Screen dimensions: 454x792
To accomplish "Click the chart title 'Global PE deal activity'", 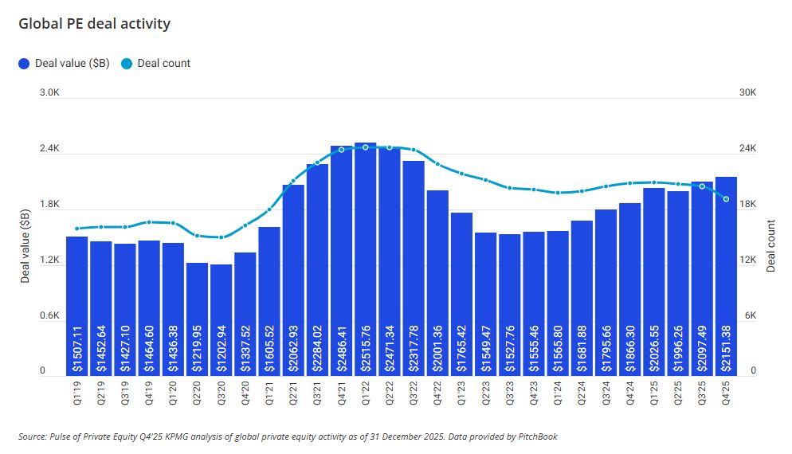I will pyautogui.click(x=94, y=24).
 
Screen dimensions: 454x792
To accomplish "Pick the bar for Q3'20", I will pyautogui.click(x=222, y=319).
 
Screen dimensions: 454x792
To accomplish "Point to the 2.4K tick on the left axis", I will pyautogui.click(x=50, y=149).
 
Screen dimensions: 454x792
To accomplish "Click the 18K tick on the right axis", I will pyautogui.click(x=747, y=205).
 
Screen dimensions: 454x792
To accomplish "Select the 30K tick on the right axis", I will pyautogui.click(x=747, y=93).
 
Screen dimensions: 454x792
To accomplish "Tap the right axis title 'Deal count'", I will pyautogui.click(x=771, y=247).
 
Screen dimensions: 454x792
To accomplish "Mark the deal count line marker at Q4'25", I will pyautogui.click(x=726, y=199).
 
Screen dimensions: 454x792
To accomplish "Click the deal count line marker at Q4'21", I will pyautogui.click(x=341, y=149).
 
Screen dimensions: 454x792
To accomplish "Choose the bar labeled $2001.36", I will pyautogui.click(x=437, y=283).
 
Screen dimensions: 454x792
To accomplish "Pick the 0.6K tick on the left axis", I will pyautogui.click(x=50, y=316).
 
